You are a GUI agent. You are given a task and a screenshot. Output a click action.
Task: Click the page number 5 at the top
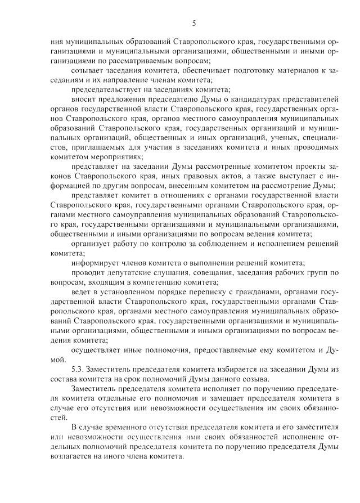pyautogui.click(x=193, y=23)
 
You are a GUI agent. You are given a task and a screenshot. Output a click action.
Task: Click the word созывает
pyautogui.click(x=88, y=70)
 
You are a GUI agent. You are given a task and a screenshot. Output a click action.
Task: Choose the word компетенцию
pyautogui.click(x=158, y=282)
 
